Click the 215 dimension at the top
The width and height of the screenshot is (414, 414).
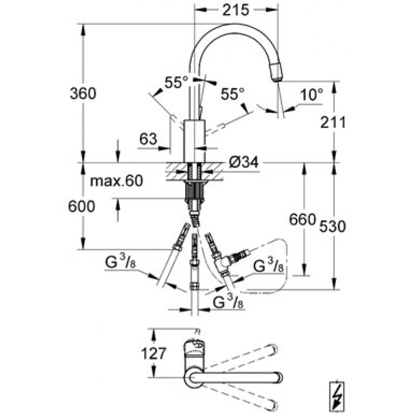click(x=235, y=10)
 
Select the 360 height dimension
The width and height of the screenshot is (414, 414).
click(x=83, y=93)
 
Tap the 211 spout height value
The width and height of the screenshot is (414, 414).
click(x=333, y=122)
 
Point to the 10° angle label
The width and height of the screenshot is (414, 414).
click(x=312, y=94)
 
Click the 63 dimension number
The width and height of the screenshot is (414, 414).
click(x=148, y=139)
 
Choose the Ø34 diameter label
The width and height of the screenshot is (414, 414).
click(x=243, y=162)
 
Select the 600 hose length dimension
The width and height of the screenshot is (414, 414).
click(x=81, y=206)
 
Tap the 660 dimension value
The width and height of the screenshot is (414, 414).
click(x=302, y=219)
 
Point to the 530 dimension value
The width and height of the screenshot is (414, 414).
click(x=332, y=226)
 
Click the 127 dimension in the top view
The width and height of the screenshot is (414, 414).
click(x=154, y=353)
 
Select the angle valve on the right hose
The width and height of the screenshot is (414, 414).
click(x=225, y=263)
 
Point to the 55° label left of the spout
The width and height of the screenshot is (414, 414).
click(x=176, y=82)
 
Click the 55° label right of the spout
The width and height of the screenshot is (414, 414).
click(x=232, y=94)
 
